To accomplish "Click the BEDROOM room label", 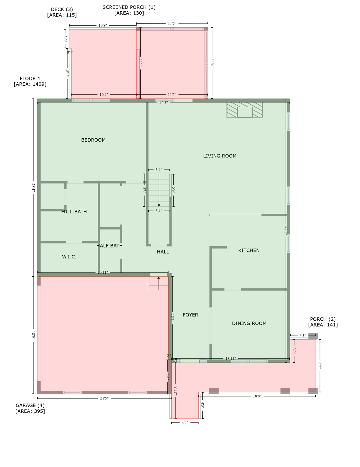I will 93,140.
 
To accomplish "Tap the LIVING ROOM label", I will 220,156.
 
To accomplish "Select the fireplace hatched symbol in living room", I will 244,110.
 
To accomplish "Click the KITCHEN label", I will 249,251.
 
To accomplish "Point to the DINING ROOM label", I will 249,323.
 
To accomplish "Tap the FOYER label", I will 190,315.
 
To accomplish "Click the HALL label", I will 163,252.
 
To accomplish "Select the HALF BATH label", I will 109,246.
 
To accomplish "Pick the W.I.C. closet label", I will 69,257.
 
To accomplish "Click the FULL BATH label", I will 74,212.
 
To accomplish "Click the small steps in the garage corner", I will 158,283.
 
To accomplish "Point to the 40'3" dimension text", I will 163,103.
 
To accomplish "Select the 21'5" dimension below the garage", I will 104,398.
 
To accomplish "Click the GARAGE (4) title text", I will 30,405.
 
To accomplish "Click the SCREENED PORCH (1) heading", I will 129,7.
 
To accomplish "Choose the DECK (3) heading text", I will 62,9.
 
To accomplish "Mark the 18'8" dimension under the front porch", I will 257,396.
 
